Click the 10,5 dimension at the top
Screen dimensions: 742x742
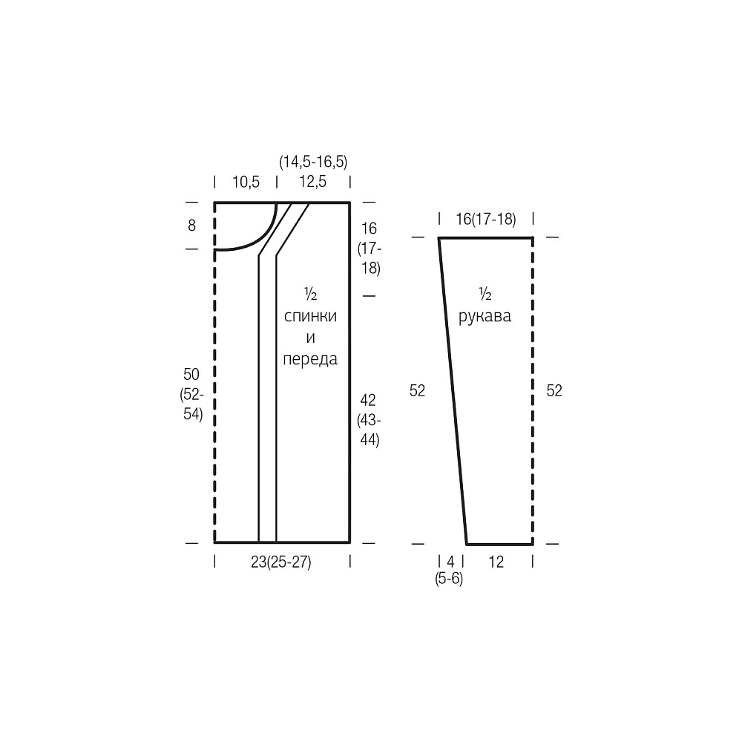pyautogui.click(x=246, y=182)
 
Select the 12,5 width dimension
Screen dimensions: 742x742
pyautogui.click(x=313, y=182)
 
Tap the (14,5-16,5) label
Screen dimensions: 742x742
pyautogui.click(x=313, y=162)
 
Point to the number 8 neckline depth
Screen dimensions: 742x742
pyautogui.click(x=191, y=226)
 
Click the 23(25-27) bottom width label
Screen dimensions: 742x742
pyautogui.click(x=281, y=562)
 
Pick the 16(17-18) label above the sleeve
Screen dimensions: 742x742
pyautogui.click(x=486, y=219)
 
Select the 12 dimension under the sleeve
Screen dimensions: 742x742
pyautogui.click(x=496, y=562)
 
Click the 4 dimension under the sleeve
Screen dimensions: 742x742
pyautogui.click(x=450, y=562)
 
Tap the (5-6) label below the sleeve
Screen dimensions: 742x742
pyautogui.click(x=449, y=578)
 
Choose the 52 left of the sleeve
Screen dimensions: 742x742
pyautogui.click(x=417, y=390)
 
